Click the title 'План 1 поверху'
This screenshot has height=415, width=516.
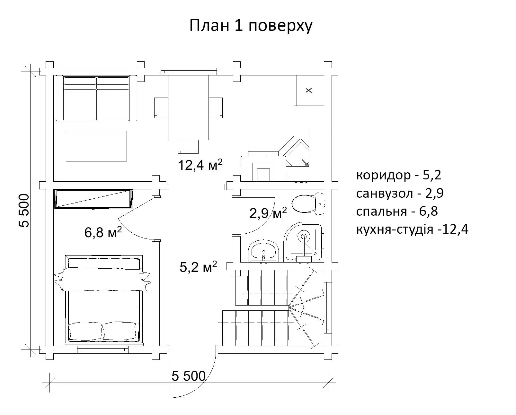(251, 26)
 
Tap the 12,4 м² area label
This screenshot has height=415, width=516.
(200, 165)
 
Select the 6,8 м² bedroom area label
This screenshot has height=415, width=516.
(103, 232)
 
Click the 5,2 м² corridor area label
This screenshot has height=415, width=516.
(198, 267)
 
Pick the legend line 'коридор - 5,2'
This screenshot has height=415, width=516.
(399, 175)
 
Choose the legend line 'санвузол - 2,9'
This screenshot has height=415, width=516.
(400, 193)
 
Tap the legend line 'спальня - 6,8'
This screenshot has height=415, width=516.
(397, 212)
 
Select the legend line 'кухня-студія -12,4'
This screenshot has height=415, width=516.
(412, 229)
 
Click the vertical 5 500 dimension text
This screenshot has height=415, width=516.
(24, 211)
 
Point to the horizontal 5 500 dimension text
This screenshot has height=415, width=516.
(189, 376)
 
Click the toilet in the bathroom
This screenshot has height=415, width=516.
(308, 204)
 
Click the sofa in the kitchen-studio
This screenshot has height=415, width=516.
(96, 98)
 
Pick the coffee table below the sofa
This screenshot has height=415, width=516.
(96, 146)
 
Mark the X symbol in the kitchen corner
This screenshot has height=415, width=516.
(309, 91)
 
